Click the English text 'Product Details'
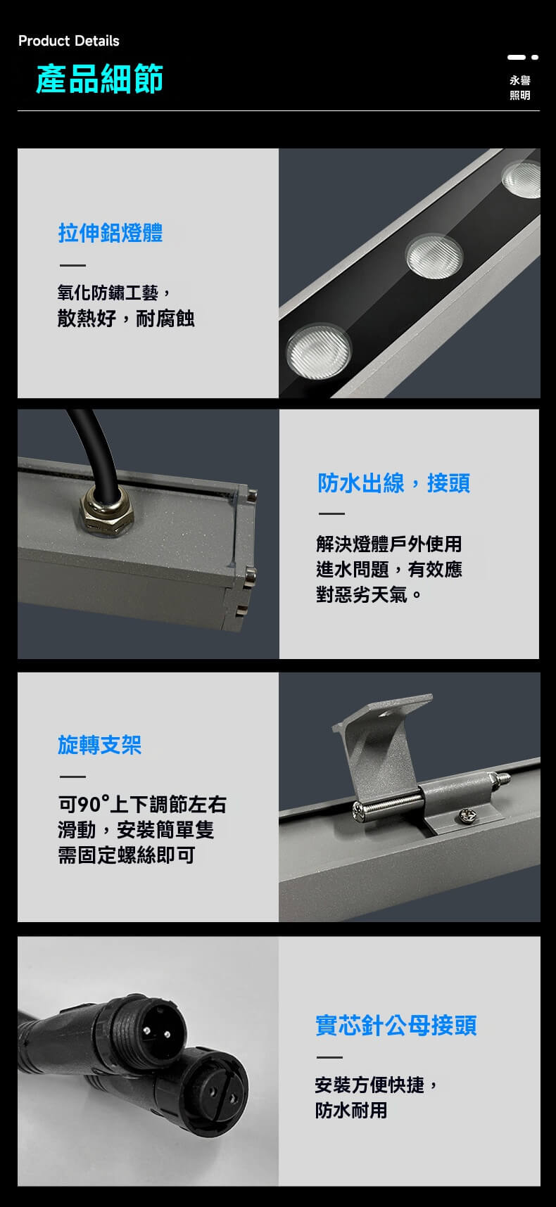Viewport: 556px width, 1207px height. coord(69,41)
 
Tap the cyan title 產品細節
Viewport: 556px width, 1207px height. coord(100,78)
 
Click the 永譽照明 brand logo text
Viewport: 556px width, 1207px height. coord(520,88)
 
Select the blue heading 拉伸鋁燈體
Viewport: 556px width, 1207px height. coord(110,232)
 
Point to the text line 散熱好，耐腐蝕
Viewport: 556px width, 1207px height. coord(126,319)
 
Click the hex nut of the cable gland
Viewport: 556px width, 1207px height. coord(107,511)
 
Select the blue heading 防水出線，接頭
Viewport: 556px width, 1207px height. coord(393,483)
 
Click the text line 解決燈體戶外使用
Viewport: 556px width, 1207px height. coord(389,544)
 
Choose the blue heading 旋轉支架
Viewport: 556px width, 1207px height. coord(100,744)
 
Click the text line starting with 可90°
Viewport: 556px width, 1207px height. coord(142,804)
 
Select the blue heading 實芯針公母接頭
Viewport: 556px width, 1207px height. coord(396,1025)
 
